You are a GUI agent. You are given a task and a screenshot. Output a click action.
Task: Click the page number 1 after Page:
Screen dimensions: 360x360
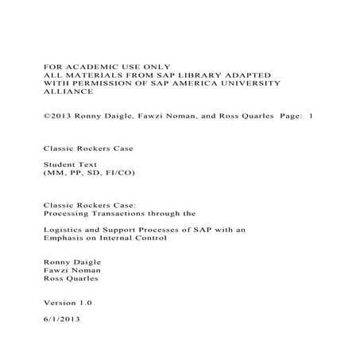[311, 115]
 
